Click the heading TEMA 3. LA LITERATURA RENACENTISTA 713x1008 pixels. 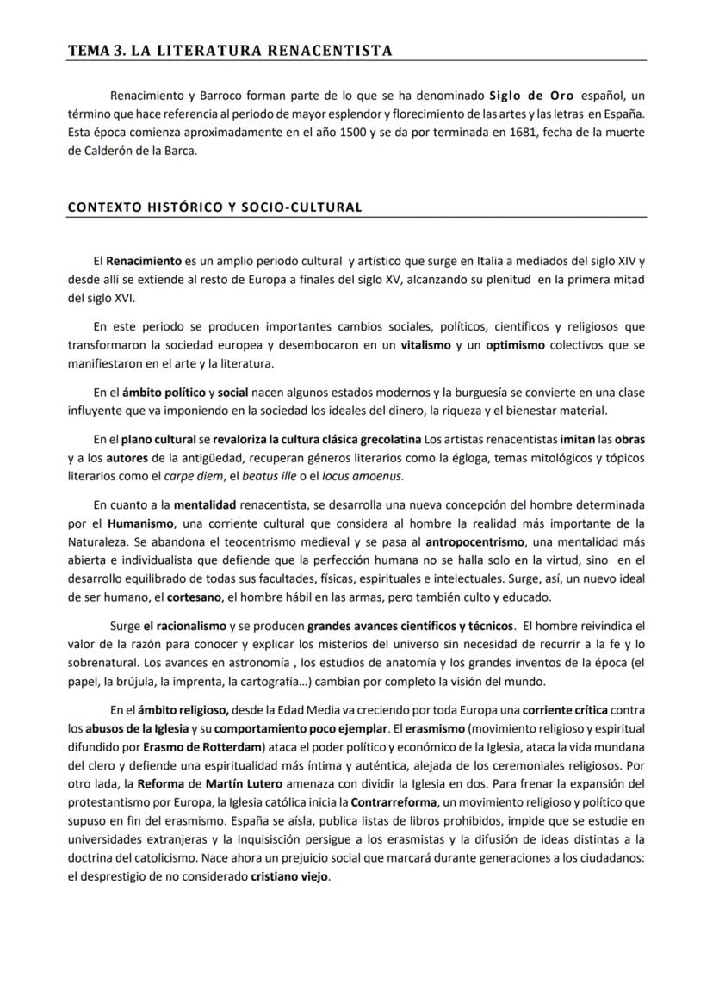point(230,50)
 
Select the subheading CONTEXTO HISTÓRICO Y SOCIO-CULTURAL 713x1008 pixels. point(214,207)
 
